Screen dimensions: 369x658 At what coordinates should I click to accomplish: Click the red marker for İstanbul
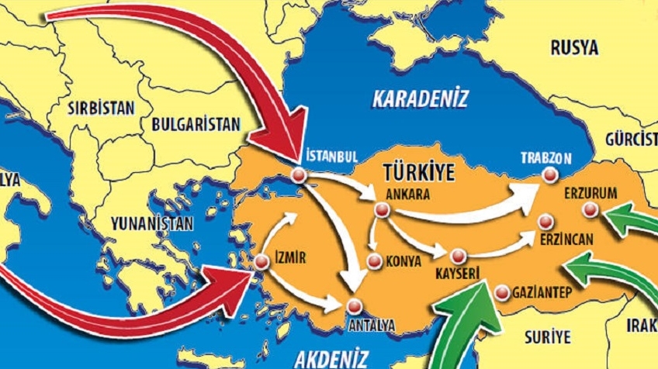(299, 176)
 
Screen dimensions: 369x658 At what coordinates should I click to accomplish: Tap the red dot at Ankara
(380, 210)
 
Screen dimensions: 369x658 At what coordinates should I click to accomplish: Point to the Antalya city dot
(355, 305)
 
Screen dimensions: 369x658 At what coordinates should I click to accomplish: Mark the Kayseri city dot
(457, 255)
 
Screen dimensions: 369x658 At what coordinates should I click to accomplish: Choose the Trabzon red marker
(550, 176)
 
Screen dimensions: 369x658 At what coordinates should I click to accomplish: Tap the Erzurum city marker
(590, 208)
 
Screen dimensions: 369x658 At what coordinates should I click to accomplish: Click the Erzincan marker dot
(548, 222)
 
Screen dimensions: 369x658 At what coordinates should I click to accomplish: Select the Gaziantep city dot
(501, 292)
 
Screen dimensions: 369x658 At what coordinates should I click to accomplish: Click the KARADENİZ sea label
(421, 99)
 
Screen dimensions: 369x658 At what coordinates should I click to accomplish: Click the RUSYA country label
(574, 48)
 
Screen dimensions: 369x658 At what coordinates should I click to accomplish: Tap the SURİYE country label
(547, 337)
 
